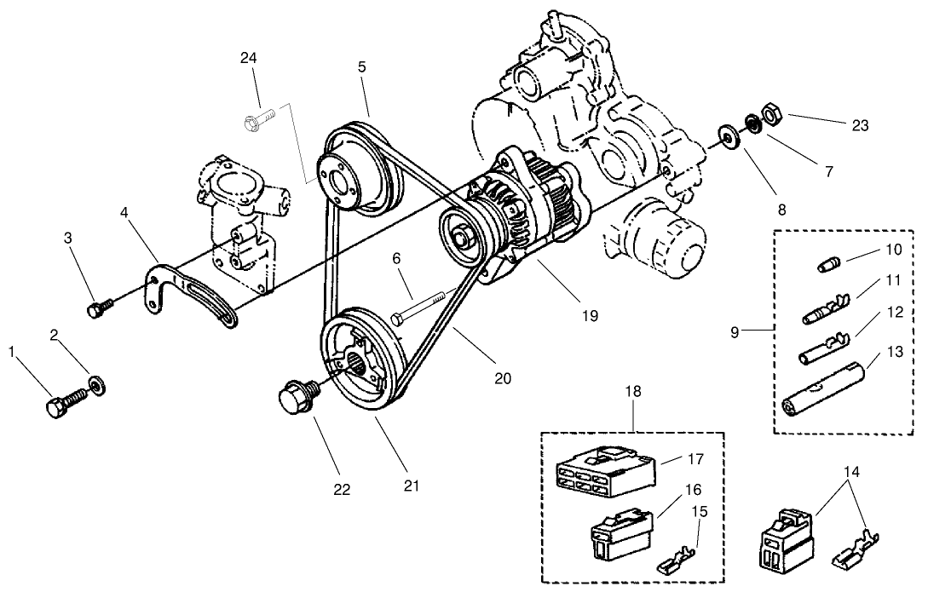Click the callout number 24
pos(248,58)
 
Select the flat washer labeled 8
pos(729,135)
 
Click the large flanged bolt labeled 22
pos(296,397)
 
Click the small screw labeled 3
pos(97,308)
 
